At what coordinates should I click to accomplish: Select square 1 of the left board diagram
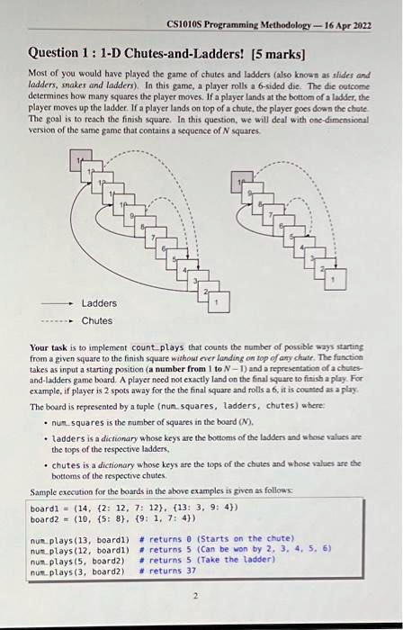point(215,303)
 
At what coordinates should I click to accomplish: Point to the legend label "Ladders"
point(100,303)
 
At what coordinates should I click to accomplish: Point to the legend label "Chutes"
point(97,320)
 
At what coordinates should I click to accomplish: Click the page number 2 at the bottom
point(195,595)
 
